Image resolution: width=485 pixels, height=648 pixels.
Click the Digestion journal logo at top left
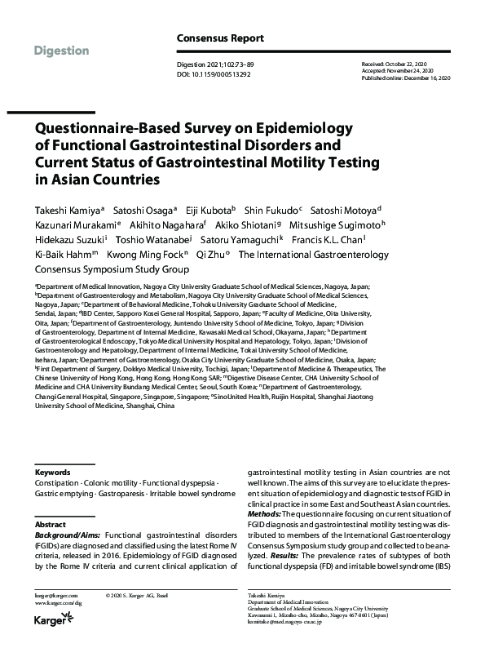[x=62, y=51]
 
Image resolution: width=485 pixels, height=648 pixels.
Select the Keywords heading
[x=52, y=473]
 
